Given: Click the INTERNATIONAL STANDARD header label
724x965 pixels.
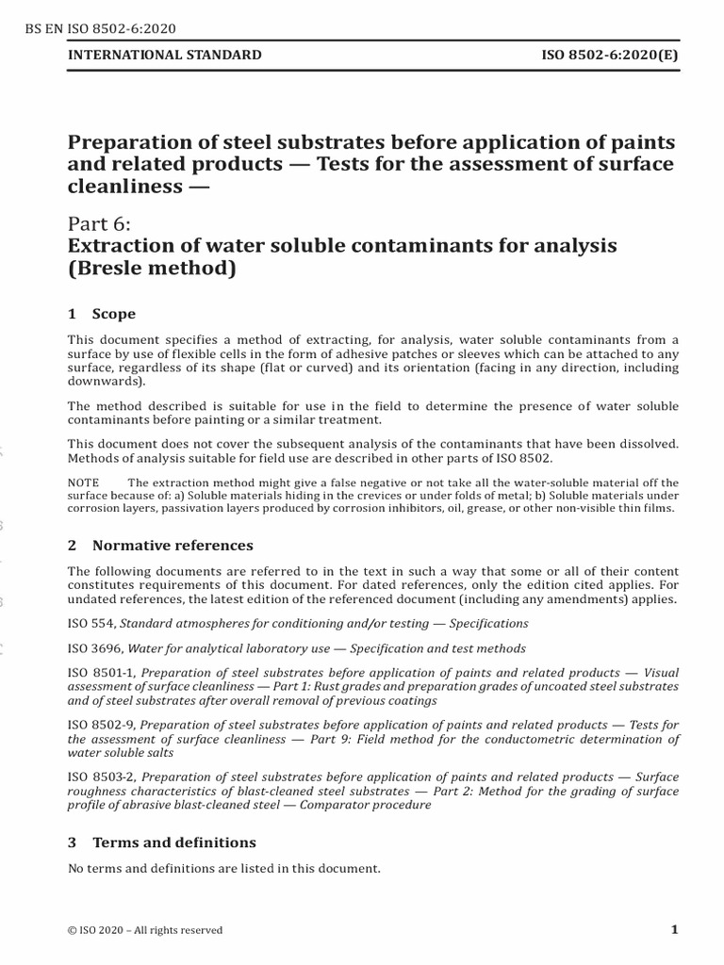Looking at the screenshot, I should [165, 56].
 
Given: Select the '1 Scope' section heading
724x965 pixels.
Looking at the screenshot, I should [102, 314].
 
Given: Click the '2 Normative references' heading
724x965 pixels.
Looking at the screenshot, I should [160, 545].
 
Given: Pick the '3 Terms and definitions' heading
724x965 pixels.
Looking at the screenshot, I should [162, 842].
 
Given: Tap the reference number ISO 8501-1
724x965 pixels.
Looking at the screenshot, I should [102, 673].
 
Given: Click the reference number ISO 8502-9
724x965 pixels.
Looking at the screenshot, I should [102, 725].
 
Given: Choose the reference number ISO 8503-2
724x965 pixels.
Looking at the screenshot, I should [102, 777].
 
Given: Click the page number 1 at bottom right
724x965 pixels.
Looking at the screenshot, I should [674, 929].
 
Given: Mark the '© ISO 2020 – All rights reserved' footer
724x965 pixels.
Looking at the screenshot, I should [145, 930].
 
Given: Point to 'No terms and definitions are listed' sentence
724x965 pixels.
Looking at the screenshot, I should [223, 868].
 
